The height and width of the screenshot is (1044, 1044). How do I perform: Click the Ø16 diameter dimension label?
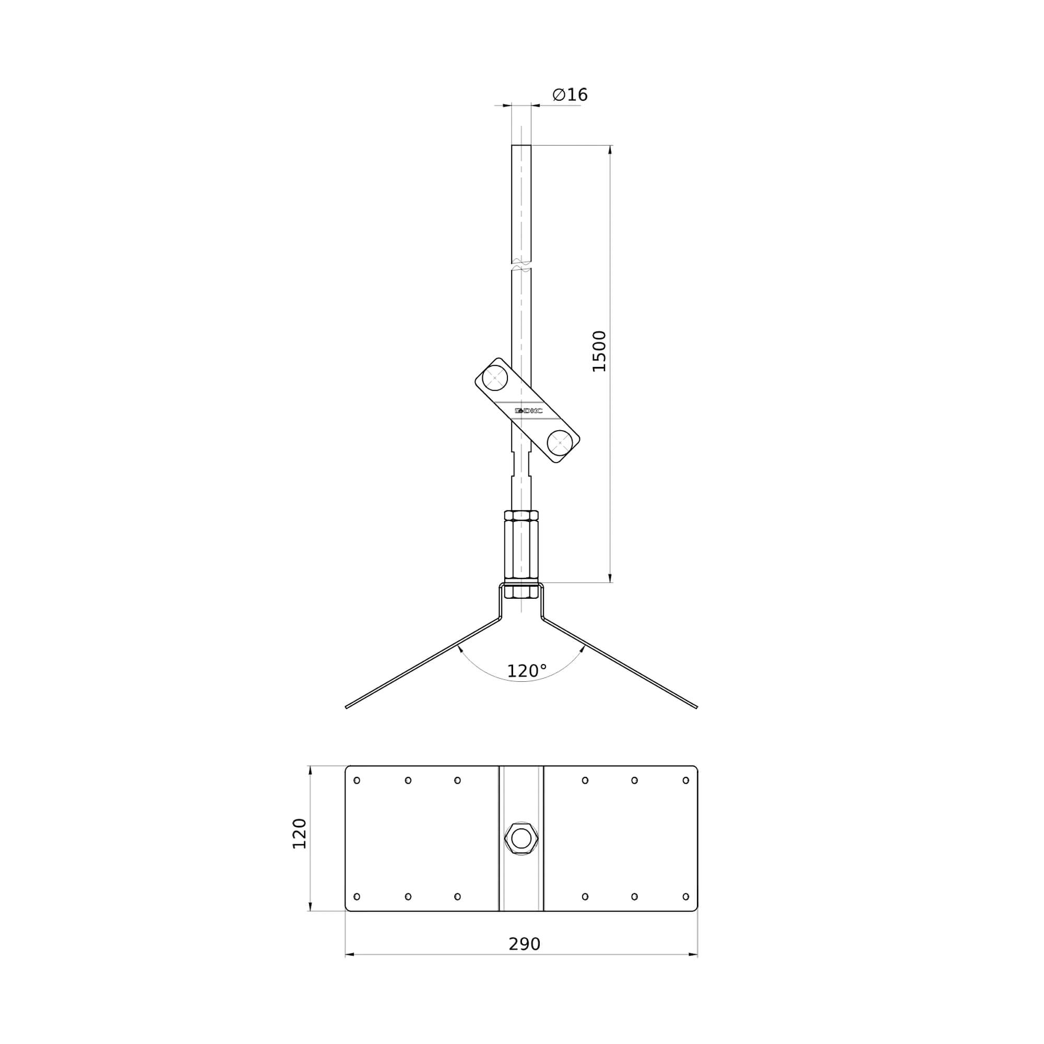point(570,94)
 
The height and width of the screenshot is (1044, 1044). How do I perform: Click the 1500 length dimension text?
point(599,351)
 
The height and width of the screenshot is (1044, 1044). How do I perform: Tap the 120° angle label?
point(527,671)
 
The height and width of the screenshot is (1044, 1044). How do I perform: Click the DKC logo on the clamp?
point(528,411)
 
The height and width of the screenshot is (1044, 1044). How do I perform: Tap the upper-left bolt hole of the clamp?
point(494,378)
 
